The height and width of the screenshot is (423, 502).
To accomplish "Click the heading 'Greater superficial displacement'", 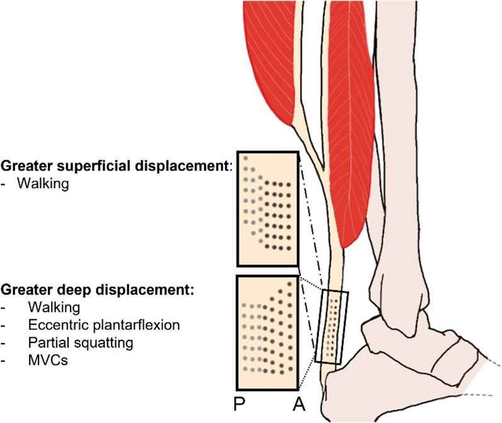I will click(117, 166).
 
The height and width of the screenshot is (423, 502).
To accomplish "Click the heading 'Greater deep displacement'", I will click(98, 291).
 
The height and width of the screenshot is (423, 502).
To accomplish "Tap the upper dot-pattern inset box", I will click(267, 208).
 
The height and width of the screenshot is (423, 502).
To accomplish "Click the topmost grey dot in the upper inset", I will click(246, 158).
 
